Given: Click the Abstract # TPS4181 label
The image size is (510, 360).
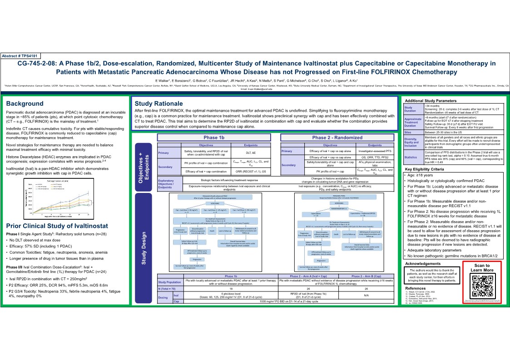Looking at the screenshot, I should [21, 55].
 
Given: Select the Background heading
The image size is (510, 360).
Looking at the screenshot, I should [25, 104].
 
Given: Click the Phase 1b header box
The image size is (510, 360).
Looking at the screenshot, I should [214, 137].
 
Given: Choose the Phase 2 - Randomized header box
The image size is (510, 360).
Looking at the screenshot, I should [337, 137].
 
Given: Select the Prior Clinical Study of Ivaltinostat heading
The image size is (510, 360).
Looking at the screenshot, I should [57, 226].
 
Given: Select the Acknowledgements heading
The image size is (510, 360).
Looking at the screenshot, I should [423, 263].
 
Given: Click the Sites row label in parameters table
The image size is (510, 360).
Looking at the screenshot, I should [407, 132].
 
